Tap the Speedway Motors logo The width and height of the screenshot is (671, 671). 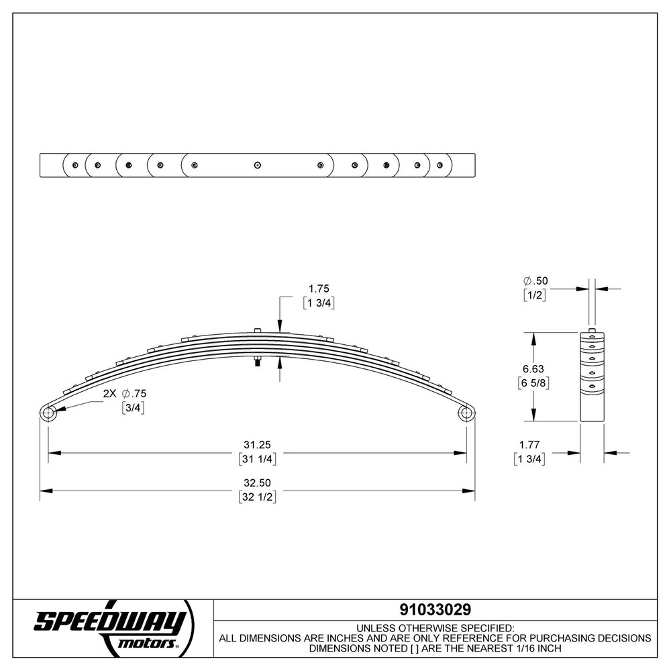click(111, 627)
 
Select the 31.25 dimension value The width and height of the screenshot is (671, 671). click(258, 445)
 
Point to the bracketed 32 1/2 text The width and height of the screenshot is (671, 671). click(258, 497)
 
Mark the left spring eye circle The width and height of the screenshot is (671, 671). click(48, 414)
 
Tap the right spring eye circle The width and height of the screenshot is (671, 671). click(466, 414)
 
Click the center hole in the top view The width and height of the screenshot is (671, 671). click(257, 165)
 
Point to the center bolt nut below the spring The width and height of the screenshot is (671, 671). click(257, 363)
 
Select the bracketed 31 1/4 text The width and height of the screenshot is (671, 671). click(258, 460)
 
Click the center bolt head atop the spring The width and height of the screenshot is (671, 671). click(258, 329)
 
